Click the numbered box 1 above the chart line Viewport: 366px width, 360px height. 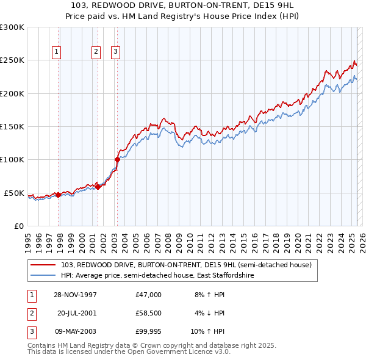(56, 52)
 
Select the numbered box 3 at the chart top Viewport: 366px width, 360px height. (115, 52)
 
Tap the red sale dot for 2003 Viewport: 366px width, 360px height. (117, 160)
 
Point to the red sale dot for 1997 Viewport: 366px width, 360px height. (59, 195)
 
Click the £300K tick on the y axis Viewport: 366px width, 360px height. (12, 27)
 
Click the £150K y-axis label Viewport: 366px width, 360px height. (12, 127)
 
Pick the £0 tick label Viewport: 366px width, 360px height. (18, 226)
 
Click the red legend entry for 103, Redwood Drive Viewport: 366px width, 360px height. (186, 265)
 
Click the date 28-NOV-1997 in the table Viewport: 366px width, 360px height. (75, 295)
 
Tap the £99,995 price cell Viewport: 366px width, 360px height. (149, 331)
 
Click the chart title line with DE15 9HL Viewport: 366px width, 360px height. (182, 5)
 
